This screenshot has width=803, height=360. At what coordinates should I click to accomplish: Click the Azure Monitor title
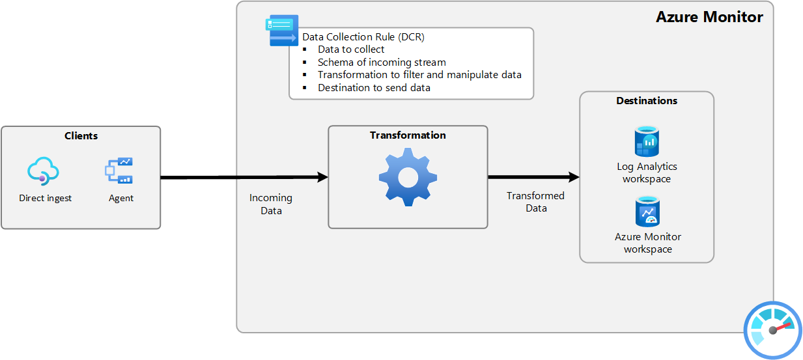(709, 18)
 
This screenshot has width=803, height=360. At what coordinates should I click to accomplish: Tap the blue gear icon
(408, 176)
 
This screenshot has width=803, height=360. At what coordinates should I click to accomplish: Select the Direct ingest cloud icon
(44, 171)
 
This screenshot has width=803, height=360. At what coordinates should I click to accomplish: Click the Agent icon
(119, 171)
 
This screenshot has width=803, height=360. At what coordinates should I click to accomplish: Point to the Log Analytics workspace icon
(647, 142)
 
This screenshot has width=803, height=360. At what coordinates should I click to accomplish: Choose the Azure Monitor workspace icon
(647, 212)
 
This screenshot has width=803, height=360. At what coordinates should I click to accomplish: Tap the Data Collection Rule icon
(282, 30)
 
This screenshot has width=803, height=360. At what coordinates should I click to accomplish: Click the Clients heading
(81, 136)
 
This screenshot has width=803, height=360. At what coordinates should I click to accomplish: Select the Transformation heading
(408, 135)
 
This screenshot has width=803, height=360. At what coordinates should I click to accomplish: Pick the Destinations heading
(647, 101)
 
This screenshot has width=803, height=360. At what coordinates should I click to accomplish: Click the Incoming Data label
(271, 204)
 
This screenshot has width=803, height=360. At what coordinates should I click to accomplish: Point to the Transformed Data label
(536, 202)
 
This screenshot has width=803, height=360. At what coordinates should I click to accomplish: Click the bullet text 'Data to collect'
(351, 49)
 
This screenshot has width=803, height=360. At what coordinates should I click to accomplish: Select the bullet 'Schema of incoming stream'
(382, 62)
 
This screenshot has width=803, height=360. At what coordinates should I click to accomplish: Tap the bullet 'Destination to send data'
(374, 87)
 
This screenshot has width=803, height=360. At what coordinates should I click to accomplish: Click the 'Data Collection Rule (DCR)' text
(363, 37)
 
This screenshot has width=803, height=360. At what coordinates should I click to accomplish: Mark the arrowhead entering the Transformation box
(322, 177)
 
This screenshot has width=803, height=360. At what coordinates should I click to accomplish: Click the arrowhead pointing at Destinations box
(574, 177)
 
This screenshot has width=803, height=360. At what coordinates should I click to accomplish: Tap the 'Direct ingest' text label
(46, 198)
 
